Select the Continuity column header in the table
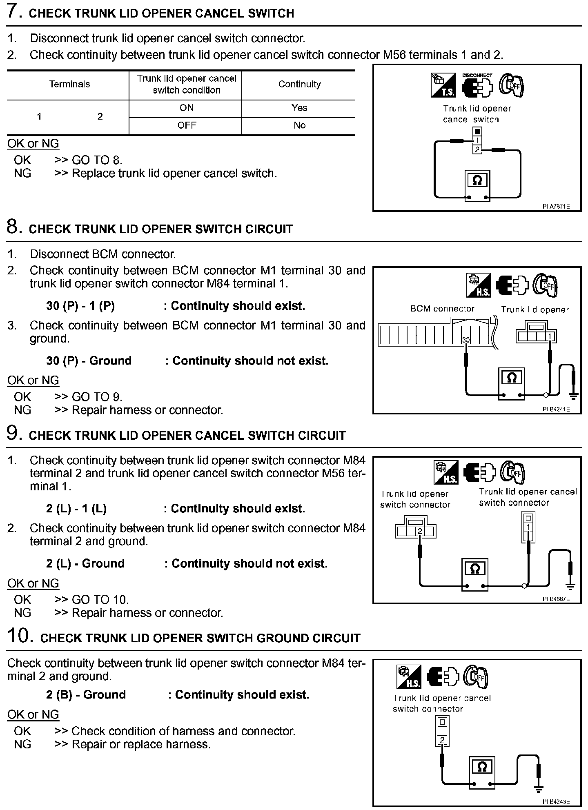[299, 84]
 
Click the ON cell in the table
[186, 108]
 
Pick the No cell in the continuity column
[299, 125]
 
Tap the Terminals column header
[69, 84]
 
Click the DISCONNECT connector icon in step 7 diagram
[477, 85]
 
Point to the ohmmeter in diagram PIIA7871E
[477, 184]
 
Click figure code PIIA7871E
[556, 207]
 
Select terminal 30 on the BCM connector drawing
[465, 340]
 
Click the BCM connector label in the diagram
[442, 309]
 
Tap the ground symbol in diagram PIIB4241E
[574, 395]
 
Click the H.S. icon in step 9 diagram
[446, 472]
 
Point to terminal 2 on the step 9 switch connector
[419, 531]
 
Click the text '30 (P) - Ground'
[89, 361]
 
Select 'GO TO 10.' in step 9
[100, 599]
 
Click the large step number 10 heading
[20, 636]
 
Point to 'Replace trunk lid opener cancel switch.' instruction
[174, 174]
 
